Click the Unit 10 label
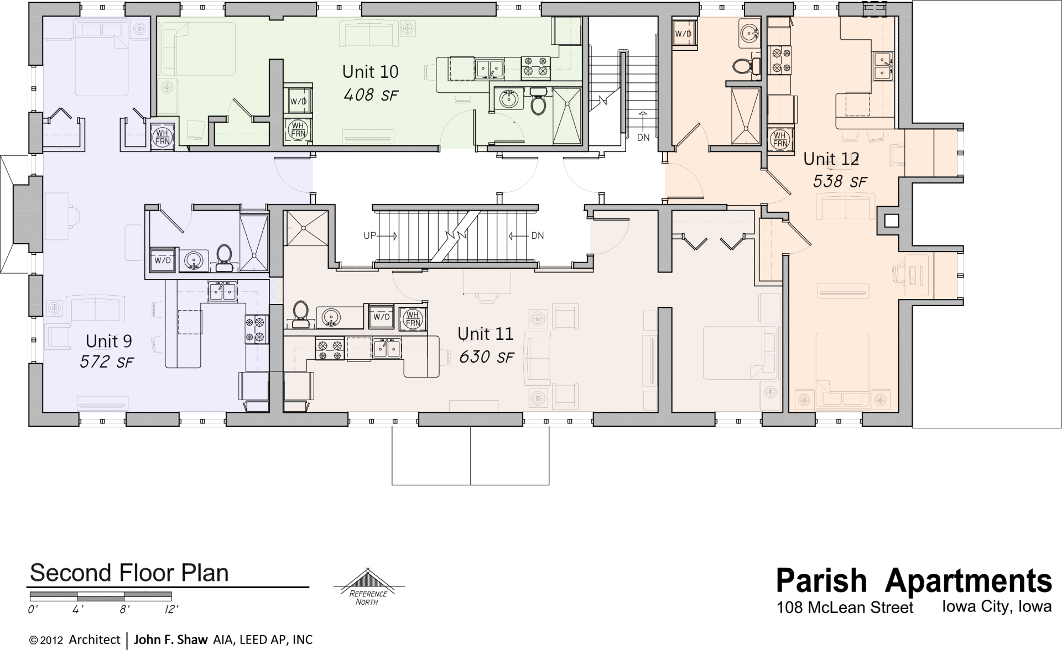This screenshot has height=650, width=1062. [370, 72]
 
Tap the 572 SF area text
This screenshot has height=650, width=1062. [107, 362]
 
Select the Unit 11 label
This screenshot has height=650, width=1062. [485, 334]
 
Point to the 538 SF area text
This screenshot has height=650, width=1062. [839, 181]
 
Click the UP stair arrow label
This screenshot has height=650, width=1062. [369, 236]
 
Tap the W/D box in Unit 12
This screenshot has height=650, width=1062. [683, 34]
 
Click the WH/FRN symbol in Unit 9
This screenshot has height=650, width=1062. [163, 137]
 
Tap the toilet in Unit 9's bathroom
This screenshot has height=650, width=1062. [224, 258]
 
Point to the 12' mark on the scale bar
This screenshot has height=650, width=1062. [171, 610]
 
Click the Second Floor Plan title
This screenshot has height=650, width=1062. [129, 573]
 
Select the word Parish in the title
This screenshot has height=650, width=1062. [821, 580]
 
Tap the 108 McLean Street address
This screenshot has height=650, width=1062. [845, 608]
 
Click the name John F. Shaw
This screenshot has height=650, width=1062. [170, 639]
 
